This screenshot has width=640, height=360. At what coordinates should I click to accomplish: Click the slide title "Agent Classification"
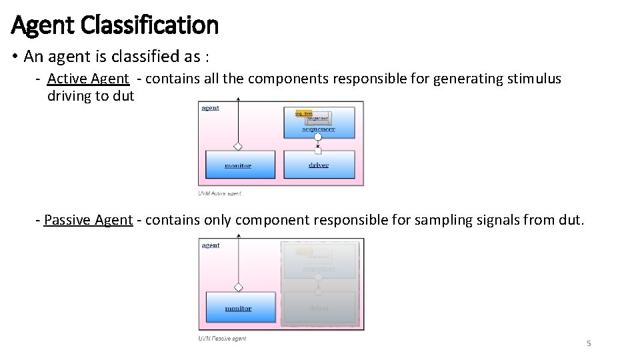115,25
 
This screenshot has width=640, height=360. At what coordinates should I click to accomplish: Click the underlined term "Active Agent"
88,79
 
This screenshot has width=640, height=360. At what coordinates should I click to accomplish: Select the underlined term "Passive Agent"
88,220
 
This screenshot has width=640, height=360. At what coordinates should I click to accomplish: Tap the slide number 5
589,343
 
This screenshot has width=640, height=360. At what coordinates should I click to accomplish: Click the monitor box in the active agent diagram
239,165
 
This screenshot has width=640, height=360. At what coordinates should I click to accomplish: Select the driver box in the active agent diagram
319,165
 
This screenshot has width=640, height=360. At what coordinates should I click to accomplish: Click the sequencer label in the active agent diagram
319,129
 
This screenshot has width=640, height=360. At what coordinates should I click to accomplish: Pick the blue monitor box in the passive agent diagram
238,308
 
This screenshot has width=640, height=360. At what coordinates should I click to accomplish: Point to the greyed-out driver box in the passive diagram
319,308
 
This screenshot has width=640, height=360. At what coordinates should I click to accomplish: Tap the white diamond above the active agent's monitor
238,146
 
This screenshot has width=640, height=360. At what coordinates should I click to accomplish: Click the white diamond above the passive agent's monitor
238,287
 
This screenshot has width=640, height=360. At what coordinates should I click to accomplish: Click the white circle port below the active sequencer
318,137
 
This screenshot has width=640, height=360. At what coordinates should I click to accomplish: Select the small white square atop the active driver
318,151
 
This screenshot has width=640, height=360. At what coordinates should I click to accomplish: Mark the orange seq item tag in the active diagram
303,114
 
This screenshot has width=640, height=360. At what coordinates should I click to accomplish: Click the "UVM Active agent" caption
219,194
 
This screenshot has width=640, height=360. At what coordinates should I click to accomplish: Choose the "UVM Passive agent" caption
222,339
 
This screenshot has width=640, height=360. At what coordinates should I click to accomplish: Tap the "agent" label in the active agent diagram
210,108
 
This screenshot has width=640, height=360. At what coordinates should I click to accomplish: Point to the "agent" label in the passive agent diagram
211,245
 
